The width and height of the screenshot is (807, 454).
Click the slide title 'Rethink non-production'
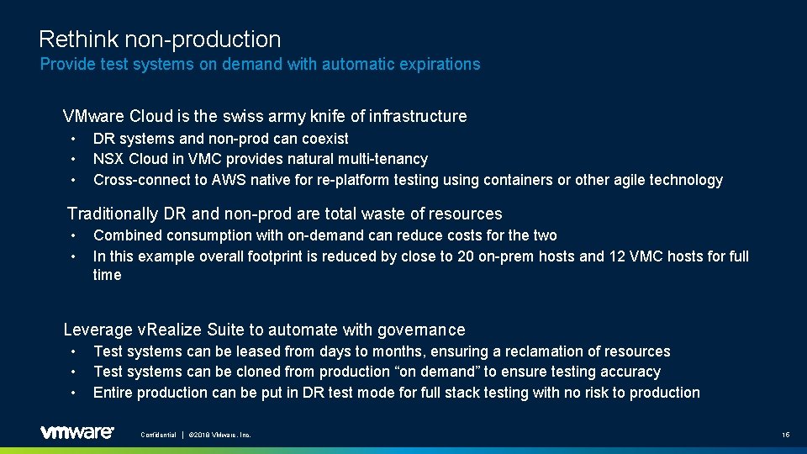160,40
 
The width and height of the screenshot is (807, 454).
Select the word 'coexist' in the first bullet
324,139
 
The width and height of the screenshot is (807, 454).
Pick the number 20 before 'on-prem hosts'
466,256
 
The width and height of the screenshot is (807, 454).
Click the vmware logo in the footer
76,432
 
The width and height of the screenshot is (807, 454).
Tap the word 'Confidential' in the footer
158,435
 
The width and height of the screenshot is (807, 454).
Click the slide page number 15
785,435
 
